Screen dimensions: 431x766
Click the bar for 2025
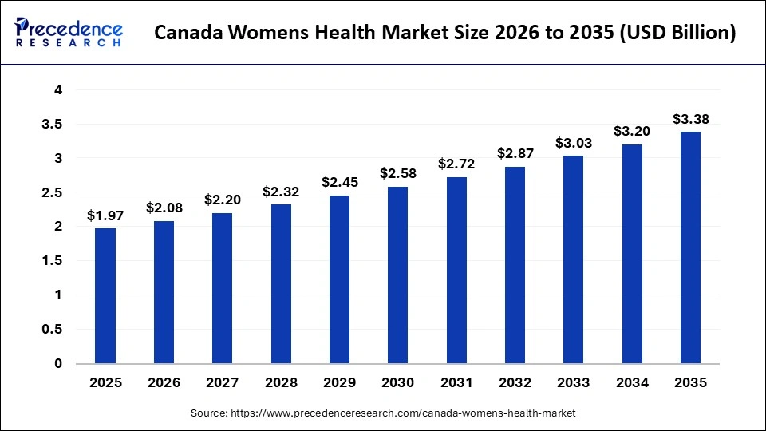(x=105, y=295)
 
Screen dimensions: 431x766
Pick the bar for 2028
(x=281, y=283)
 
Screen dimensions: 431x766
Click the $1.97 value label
(x=105, y=215)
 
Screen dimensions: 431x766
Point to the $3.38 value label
(x=690, y=119)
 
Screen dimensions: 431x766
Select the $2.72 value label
(x=456, y=164)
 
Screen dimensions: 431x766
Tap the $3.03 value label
(x=574, y=143)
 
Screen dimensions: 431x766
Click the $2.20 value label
(x=223, y=200)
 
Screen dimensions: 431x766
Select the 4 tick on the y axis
(x=57, y=90)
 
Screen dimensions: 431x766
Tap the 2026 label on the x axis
(x=164, y=383)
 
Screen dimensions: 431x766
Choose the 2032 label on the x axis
(x=515, y=383)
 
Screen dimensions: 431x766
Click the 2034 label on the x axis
(x=632, y=383)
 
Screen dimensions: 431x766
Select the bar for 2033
(x=574, y=259)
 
